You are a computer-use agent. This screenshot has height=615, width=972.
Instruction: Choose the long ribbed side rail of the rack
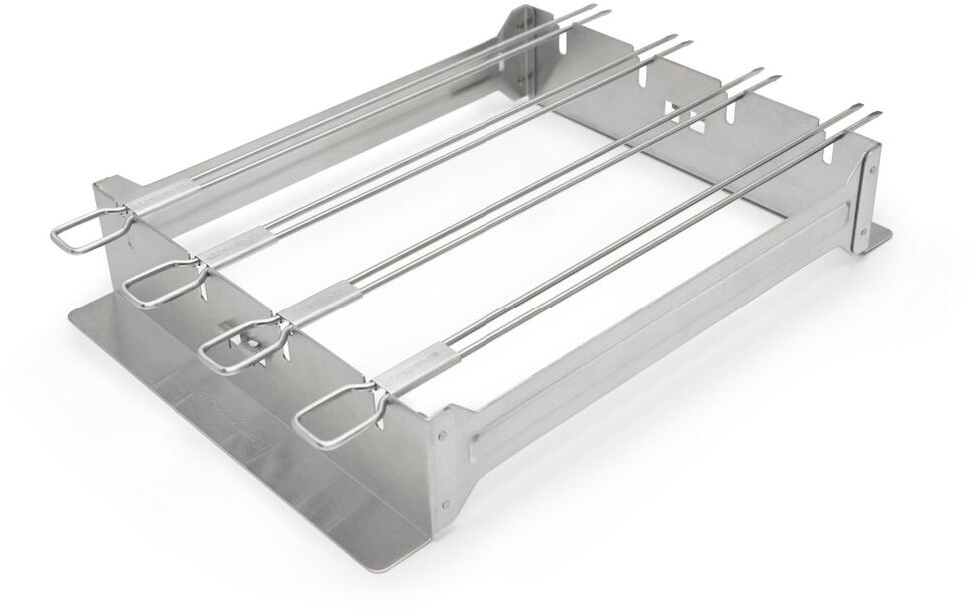click(659, 309)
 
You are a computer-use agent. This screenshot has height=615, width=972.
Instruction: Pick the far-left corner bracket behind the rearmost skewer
click(522, 45)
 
